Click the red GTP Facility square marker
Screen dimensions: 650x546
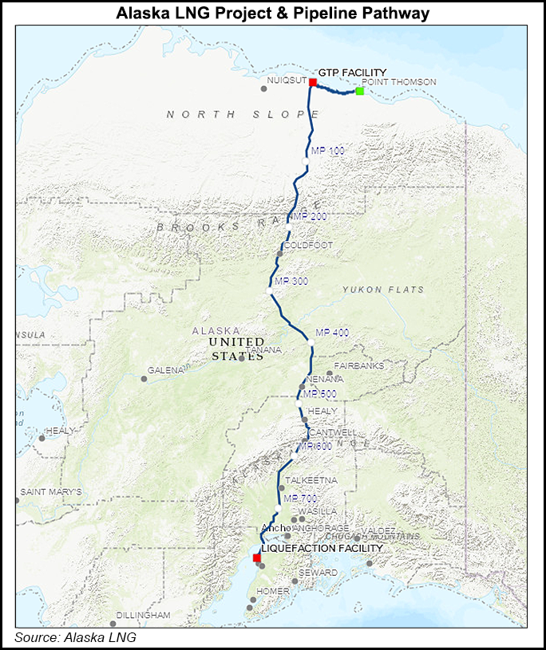click(x=313, y=82)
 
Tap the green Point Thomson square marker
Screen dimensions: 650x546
click(x=360, y=91)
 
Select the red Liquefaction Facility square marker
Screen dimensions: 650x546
click(x=256, y=557)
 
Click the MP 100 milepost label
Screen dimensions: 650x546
click(x=327, y=150)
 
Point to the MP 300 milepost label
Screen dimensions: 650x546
click(x=291, y=282)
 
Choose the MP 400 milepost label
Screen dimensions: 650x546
click(x=332, y=332)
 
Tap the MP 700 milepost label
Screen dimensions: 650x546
click(x=300, y=498)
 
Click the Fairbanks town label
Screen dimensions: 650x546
click(x=359, y=366)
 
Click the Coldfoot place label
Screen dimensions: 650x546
click(x=307, y=245)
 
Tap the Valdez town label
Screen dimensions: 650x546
click(x=378, y=530)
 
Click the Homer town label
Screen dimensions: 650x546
click(x=271, y=591)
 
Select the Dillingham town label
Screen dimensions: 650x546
click(x=143, y=615)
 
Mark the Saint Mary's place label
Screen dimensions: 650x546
click(x=51, y=492)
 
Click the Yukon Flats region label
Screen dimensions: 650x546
click(x=383, y=290)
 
